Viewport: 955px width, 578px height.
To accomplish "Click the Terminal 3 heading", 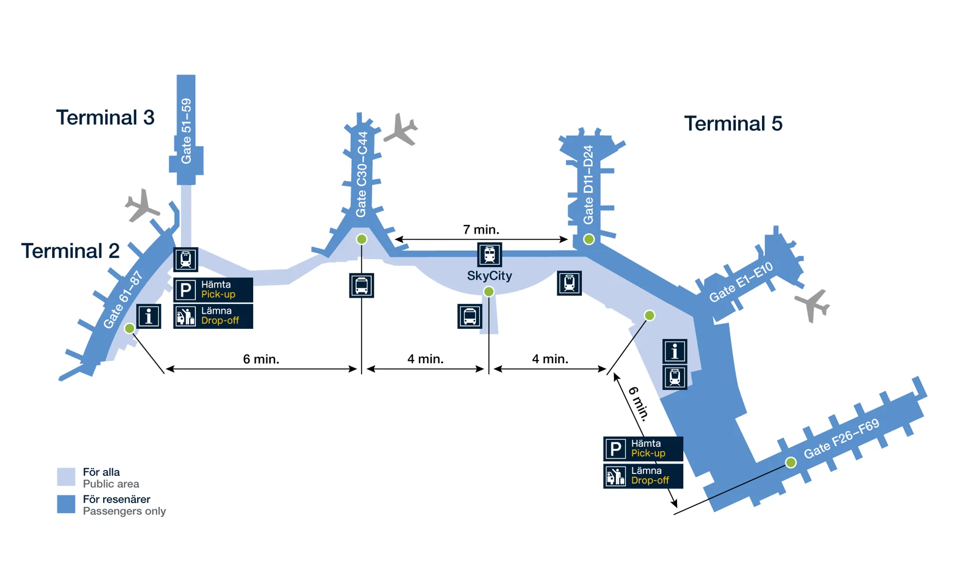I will tap(105, 117).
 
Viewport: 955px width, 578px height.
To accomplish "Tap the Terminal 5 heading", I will tap(733, 124).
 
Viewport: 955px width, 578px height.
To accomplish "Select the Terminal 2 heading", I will tap(70, 251).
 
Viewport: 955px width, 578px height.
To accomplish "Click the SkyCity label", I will tap(489, 276).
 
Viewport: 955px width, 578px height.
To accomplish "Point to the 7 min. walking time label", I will tap(481, 230).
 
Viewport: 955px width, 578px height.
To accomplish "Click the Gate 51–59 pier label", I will tap(186, 131).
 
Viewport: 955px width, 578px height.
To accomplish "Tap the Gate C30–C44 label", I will tap(362, 174).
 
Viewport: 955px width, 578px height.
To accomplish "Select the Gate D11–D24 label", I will tap(588, 185).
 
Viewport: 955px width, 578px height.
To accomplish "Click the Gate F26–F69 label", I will tap(841, 438).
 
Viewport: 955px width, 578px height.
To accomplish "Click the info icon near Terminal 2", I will tap(149, 316).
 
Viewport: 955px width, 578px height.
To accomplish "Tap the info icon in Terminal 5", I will tap(674, 352).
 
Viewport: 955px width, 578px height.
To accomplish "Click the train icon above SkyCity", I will tap(489, 254).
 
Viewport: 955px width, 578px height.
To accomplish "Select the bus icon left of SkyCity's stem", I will tap(469, 316).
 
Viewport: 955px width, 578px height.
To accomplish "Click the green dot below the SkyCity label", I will tap(488, 292).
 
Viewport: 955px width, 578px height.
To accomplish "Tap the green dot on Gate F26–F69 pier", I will tap(791, 462).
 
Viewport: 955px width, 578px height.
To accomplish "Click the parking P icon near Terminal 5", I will tap(616, 449).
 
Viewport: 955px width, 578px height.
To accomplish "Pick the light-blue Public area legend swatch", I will tap(66, 477).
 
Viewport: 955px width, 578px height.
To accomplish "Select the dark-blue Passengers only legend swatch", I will tap(66, 504).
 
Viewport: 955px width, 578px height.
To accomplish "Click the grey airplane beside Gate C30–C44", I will tap(401, 129).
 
